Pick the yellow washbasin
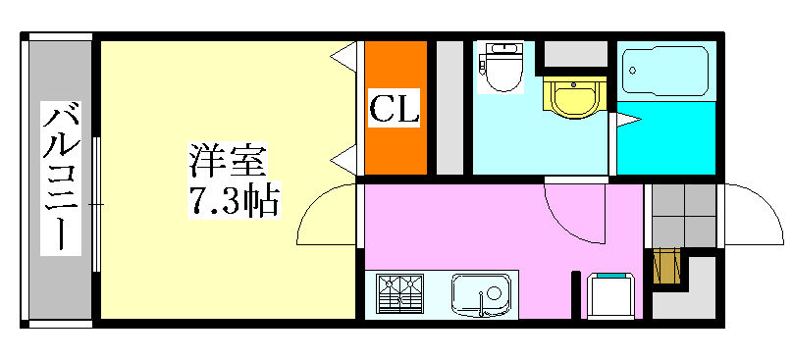[573, 98]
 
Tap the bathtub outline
[666, 74]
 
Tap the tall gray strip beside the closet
[449, 107]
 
